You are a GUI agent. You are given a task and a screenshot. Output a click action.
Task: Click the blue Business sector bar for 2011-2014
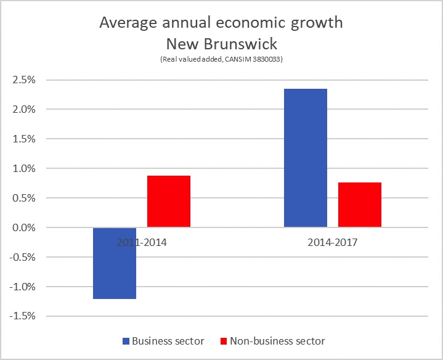click(115, 263)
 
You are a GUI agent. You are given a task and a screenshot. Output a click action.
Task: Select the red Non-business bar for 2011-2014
click(169, 202)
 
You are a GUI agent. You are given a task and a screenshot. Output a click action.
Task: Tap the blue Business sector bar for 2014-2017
click(305, 158)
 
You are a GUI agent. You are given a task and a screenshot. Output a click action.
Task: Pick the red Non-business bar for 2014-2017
click(360, 205)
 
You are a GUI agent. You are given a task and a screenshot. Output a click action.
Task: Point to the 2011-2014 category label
click(142, 242)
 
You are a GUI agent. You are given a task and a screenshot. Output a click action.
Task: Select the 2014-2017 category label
click(333, 242)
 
